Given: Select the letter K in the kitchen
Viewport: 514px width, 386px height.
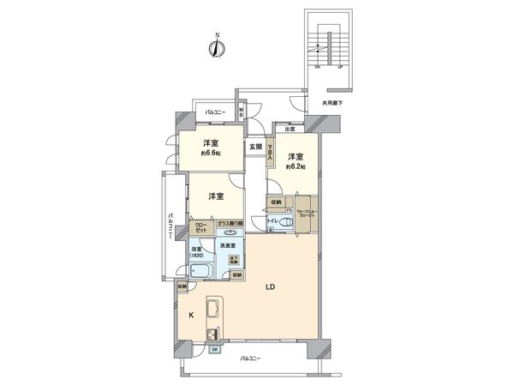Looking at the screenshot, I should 190,315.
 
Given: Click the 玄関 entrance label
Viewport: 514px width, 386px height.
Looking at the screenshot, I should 256,147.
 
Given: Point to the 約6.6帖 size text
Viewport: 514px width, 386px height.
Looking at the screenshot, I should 211,154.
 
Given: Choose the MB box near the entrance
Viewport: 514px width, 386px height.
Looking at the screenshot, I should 242,111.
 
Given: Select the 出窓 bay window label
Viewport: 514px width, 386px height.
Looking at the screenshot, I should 290,130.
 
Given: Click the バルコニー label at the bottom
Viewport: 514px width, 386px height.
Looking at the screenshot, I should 249,358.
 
